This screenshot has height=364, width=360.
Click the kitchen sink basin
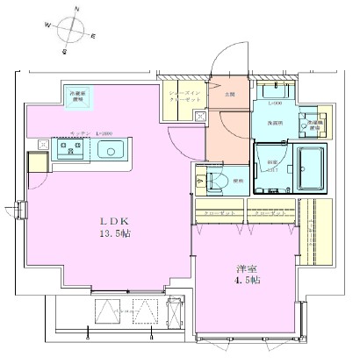(112, 150)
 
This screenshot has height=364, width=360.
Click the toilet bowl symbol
(218, 182)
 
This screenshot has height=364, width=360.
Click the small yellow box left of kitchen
(38, 163)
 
